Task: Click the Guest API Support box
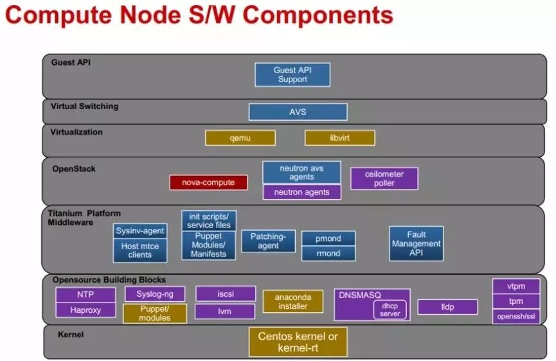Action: point(292,75)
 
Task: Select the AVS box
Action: point(298,112)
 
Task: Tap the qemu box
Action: point(240,137)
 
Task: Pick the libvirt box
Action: point(339,137)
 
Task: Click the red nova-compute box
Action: point(208,182)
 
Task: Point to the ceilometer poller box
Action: point(384,178)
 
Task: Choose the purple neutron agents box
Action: point(301,191)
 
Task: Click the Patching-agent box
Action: point(268,241)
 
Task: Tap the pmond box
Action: point(328,238)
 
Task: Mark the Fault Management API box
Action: point(416,243)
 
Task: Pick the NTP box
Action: point(85,295)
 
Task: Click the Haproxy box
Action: point(85,310)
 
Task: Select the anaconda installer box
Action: point(292,301)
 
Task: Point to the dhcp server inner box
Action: point(390,310)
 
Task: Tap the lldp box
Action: point(447,307)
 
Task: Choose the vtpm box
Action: point(516,286)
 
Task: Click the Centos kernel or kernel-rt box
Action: point(298,342)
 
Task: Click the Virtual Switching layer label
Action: point(84,106)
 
